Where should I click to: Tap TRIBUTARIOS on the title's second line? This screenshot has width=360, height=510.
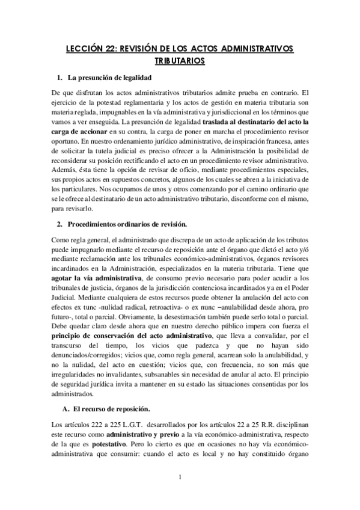[180, 61]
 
